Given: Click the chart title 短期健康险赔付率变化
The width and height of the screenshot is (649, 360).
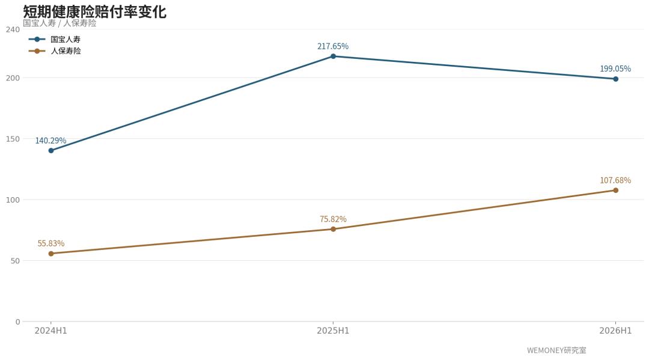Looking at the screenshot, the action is tap(94, 11).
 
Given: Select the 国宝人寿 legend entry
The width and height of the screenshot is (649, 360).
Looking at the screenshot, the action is tap(55, 39).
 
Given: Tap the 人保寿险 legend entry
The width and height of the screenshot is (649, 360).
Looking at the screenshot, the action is tap(55, 51).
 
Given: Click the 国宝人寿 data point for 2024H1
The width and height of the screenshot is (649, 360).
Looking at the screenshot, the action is tap(51, 151).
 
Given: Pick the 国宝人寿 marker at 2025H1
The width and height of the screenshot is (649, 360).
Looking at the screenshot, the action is tap(333, 56).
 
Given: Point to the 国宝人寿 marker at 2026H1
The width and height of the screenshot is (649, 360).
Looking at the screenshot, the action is tap(615, 79).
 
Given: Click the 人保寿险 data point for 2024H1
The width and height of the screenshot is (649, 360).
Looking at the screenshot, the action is tap(51, 254).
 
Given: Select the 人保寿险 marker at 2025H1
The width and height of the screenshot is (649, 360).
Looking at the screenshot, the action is tap(333, 229).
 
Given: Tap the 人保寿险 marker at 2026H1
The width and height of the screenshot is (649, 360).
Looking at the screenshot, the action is tap(615, 191).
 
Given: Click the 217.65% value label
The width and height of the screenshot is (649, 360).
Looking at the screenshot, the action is tap(333, 46).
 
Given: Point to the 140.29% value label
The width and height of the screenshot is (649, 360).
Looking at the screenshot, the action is tap(50, 141).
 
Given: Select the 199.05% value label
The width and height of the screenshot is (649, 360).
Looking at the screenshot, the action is tap(615, 69).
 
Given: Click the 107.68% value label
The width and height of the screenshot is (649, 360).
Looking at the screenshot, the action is tap(615, 180).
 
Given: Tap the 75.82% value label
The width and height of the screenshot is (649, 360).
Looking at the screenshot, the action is tap(333, 219).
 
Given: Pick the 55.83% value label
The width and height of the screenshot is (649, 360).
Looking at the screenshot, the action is tap(51, 243).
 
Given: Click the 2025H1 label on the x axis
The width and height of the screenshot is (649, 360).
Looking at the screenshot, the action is tap(333, 331).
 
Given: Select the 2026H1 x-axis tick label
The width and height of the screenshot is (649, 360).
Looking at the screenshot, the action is tap(615, 331).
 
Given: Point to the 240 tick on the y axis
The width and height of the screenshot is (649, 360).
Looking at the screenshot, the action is tap(13, 29).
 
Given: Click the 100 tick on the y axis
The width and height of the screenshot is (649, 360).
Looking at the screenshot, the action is tap(13, 200).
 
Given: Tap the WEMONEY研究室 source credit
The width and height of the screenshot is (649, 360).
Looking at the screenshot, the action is tap(556, 350).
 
